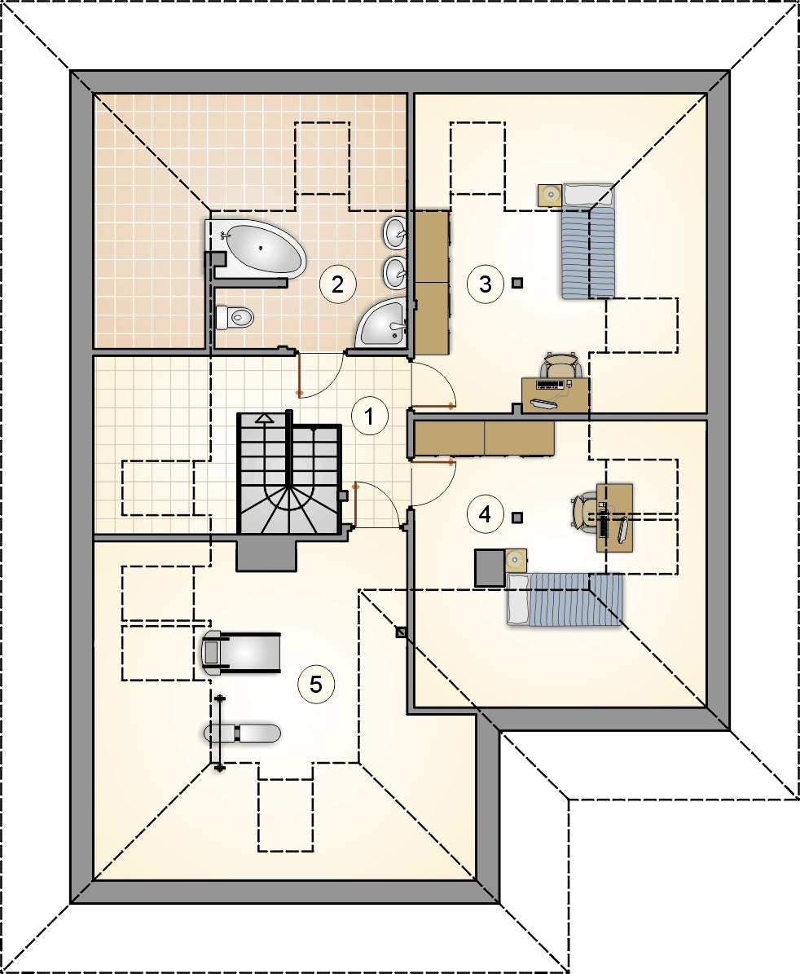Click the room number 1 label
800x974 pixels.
(x=370, y=416)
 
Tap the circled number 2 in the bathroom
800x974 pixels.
(x=337, y=284)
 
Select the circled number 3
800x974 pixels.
(x=486, y=284)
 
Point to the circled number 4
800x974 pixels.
(x=485, y=514)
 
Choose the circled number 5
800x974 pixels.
(x=316, y=685)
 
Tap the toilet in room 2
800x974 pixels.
(x=235, y=317)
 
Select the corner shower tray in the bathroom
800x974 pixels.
(x=381, y=323)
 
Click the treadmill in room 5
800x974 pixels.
(x=241, y=652)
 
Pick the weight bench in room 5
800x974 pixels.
(x=242, y=734)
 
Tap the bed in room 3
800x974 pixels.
(x=588, y=241)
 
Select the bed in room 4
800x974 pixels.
(x=565, y=599)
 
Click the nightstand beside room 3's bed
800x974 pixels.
(x=550, y=195)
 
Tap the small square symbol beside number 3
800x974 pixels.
(x=517, y=283)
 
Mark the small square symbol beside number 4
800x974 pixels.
(x=517, y=517)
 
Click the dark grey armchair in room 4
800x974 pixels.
(x=490, y=568)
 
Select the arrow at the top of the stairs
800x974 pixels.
(x=265, y=419)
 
